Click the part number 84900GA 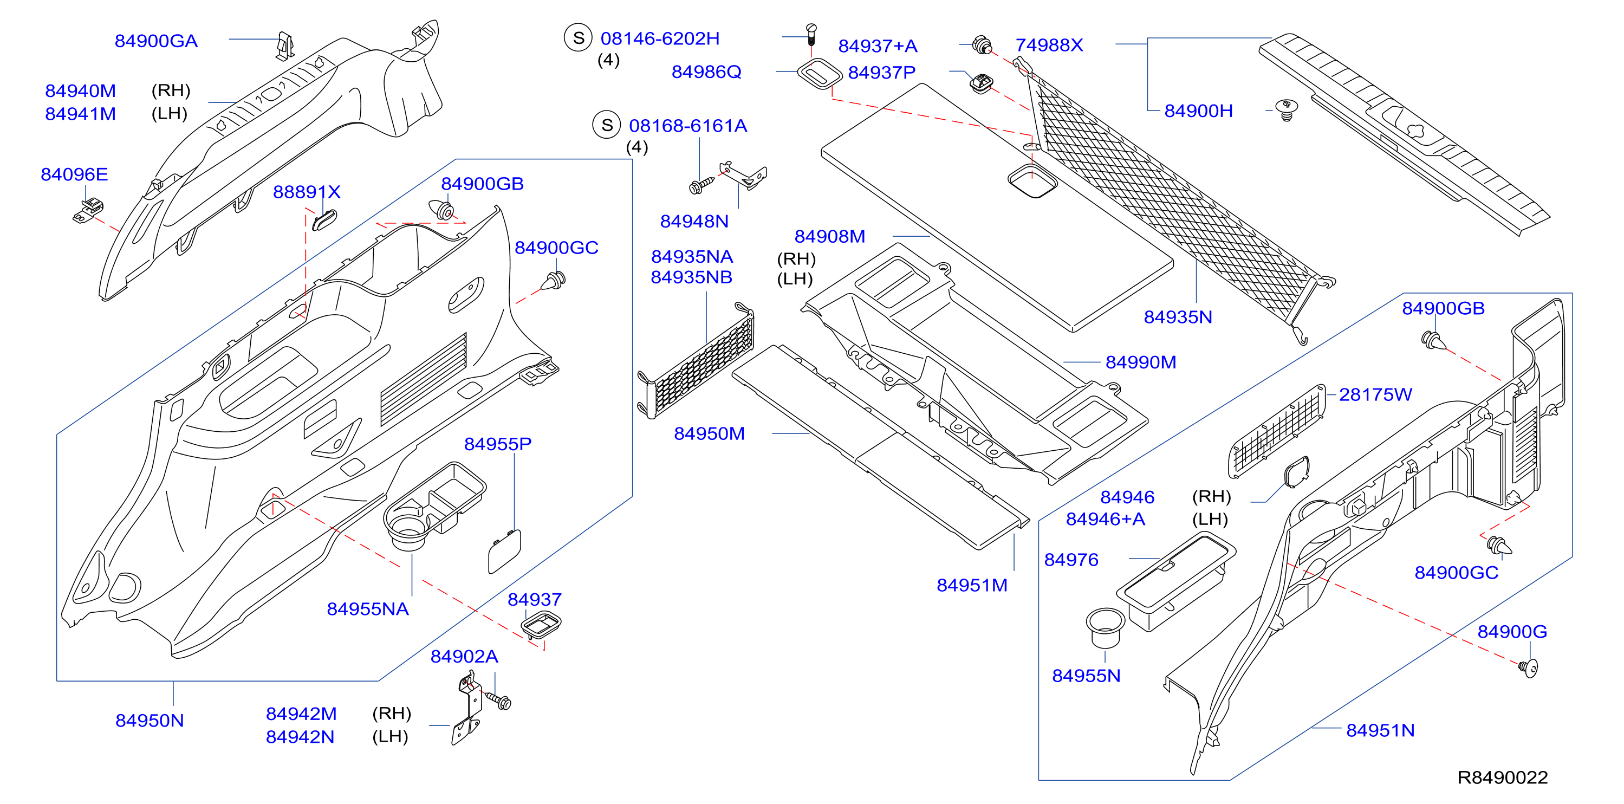[x=157, y=41]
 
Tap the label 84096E [x=74, y=174]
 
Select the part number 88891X [x=307, y=192]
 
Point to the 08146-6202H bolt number [x=660, y=38]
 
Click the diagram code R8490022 [x=1502, y=777]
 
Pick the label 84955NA [x=368, y=609]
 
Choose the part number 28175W [x=1375, y=395]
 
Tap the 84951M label [x=972, y=585]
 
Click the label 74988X [x=1049, y=46]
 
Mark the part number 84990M [x=1141, y=362]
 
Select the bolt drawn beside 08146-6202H [x=811, y=34]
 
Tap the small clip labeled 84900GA [x=285, y=46]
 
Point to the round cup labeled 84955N [x=1105, y=627]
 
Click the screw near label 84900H [x=1286, y=110]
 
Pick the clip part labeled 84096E [x=89, y=211]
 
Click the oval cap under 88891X [x=324, y=219]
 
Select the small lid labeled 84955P [x=504, y=551]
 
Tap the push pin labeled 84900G [x=1528, y=667]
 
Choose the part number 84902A [x=465, y=657]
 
